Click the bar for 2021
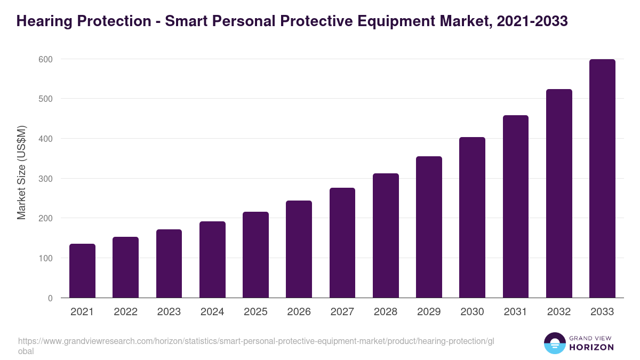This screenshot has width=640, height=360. coord(82,271)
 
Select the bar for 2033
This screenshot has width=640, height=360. coord(602,179)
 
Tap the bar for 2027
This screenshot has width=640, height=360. coord(342,243)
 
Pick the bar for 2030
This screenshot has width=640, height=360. coord(472,218)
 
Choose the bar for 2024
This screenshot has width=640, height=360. coord(212,260)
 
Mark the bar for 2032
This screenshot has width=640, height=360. coord(559,194)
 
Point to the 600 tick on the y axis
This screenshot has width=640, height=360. coord(45,59)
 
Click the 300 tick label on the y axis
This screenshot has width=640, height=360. coord(45,179)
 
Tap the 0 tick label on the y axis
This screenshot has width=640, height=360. coord(50,298)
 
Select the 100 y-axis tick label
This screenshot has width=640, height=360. coord(45,258)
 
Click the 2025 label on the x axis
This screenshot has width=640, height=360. coord(255,312)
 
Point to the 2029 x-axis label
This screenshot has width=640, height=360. coord(429,312)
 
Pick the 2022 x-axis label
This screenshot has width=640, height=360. coord(125,312)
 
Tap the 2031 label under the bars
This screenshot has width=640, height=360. coord(516,312)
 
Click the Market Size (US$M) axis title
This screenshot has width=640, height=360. coord(21,172)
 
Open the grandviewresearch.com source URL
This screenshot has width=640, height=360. coord(256,341)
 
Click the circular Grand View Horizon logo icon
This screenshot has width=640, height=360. coord(554,343)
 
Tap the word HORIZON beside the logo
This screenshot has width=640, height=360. coord(592,347)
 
